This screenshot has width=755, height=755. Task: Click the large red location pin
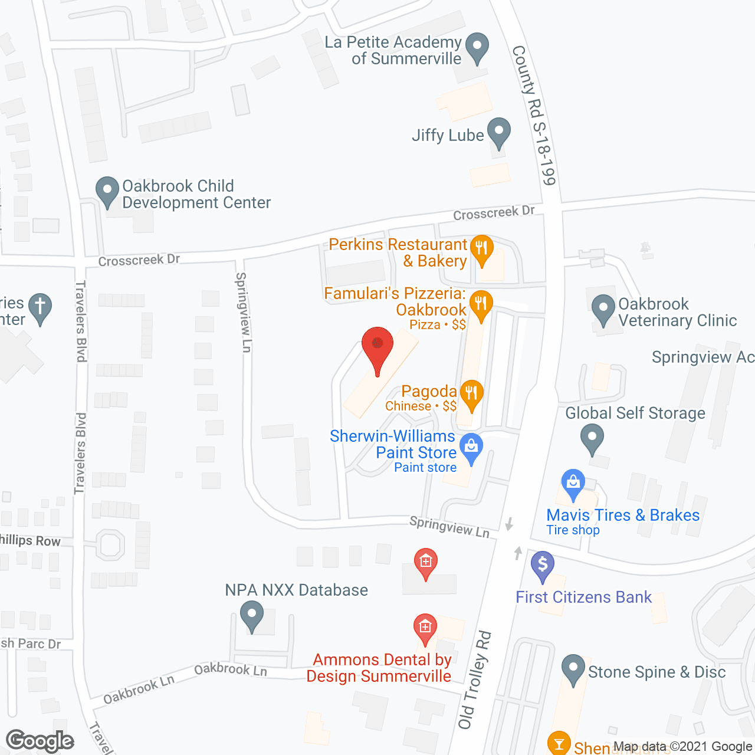point(377,345)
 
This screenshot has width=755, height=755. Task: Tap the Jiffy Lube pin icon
point(499,132)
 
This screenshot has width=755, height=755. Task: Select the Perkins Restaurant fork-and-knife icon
point(482,248)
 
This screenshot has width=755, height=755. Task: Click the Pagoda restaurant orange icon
point(471,393)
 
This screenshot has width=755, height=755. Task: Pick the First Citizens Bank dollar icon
point(543,564)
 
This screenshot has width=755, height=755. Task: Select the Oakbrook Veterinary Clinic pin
point(603,308)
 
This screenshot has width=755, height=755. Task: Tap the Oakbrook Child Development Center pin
point(107,191)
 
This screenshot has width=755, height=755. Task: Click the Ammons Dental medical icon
point(425,627)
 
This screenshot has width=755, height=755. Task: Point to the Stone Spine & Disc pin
point(573,668)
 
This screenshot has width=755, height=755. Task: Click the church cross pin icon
point(40,307)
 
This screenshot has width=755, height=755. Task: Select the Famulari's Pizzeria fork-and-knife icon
point(481,304)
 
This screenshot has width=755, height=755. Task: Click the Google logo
point(40,741)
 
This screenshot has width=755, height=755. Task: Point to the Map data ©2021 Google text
point(682,747)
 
